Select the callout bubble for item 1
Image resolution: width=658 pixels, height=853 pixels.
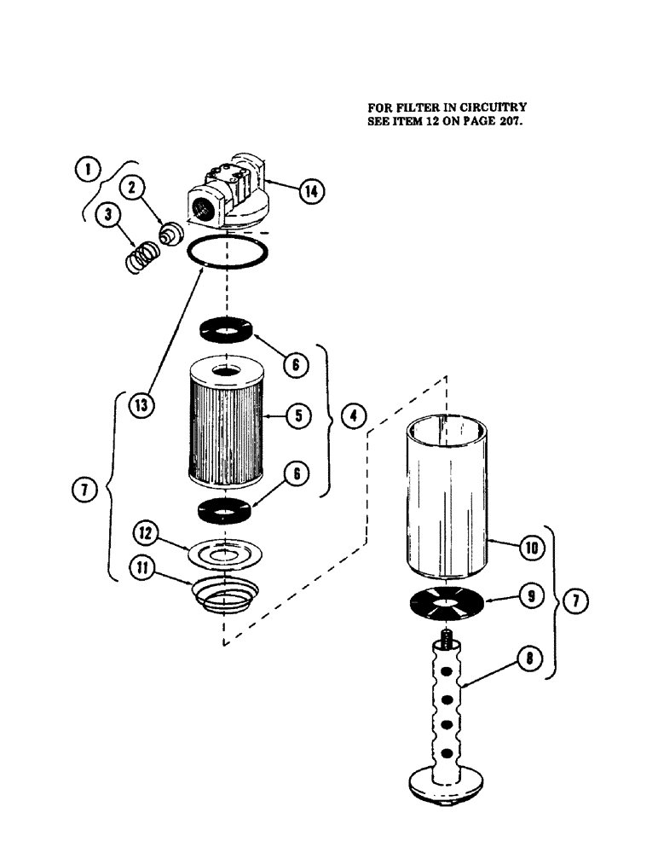click(87, 169)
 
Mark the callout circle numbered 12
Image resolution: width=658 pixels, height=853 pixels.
click(146, 534)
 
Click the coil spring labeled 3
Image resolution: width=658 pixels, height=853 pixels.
click(141, 258)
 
